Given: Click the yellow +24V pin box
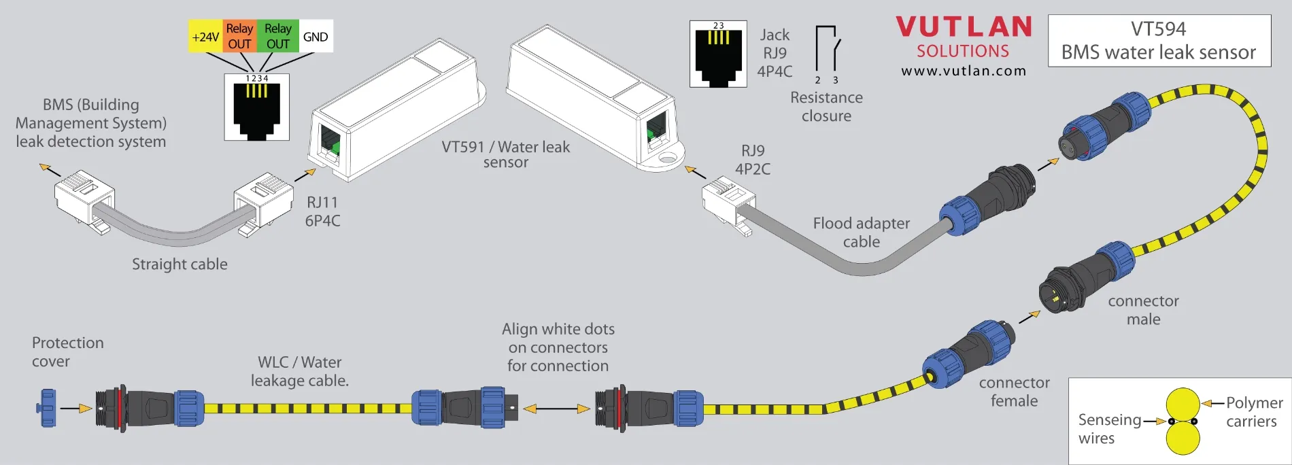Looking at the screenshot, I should tap(205, 37).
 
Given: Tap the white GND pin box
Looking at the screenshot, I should tap(316, 37).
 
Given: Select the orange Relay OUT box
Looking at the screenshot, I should tap(239, 37).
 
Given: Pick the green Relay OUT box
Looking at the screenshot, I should tap(277, 37).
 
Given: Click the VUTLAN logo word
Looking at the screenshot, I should tap(964, 27).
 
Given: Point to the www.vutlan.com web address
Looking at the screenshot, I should tap(964, 71).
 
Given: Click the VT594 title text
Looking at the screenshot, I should tap(1159, 29).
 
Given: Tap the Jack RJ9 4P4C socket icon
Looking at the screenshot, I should tap(718, 54).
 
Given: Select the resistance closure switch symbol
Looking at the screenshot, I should tap(828, 52).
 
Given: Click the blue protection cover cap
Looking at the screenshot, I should tap(48, 408).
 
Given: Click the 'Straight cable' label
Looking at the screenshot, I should tap(180, 264).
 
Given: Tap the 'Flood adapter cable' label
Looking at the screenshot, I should tap(861, 232).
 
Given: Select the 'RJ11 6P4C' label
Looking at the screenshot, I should tap(323, 211).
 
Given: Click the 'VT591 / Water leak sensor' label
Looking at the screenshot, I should tap(506, 154).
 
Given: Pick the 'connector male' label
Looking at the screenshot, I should tap(1143, 310).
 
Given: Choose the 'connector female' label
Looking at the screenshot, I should tap(1014, 392).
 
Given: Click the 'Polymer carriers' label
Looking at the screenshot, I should tap(1253, 412).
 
